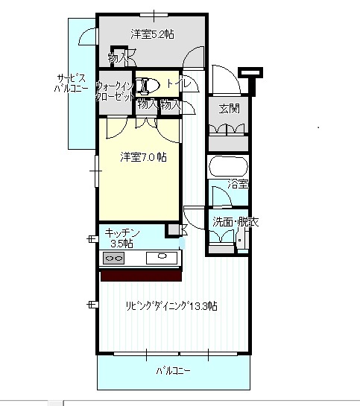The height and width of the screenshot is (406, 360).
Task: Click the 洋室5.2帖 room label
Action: pos(153,34)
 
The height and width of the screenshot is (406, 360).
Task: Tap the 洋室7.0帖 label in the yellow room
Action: pos(143,158)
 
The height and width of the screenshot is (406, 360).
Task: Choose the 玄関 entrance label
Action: pos(230,108)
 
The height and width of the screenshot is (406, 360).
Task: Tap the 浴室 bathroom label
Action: pos(238,183)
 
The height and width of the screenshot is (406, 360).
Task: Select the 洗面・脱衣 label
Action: pos(236,222)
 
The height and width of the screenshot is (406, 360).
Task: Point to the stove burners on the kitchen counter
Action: pos(115,258)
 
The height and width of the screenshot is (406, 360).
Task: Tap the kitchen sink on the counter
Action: pos(161,258)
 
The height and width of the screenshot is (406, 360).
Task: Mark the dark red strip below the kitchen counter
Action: pos(142,276)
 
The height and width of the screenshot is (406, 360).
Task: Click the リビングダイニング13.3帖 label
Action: pos(171,306)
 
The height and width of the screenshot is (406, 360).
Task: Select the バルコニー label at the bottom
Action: pos(172,370)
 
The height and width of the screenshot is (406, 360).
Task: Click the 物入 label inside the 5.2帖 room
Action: pos(118,57)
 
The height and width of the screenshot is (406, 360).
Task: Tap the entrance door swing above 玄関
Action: pos(222,77)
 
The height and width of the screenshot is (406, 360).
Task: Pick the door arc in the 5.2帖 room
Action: pos(195,58)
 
